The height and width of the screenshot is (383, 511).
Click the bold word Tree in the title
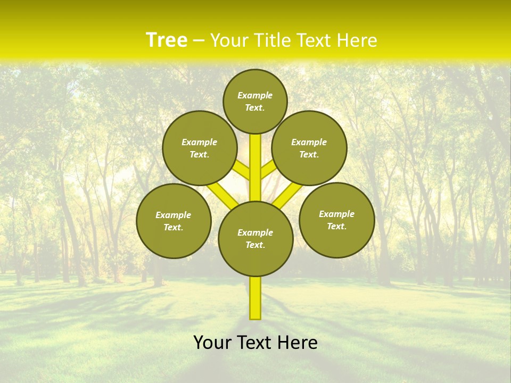(167, 40)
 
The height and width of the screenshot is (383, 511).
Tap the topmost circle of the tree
(255, 101)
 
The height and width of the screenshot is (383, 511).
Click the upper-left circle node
(200, 148)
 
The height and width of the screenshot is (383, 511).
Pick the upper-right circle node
(309, 148)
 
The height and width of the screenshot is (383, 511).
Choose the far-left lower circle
(174, 221)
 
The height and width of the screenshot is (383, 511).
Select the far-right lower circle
(337, 220)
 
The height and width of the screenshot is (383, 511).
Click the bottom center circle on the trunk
(256, 238)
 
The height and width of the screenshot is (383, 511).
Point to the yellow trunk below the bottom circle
(256, 298)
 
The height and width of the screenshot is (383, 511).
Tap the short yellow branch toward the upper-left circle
(242, 170)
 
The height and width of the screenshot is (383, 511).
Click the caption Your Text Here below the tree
(256, 343)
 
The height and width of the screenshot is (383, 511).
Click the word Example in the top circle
(255, 95)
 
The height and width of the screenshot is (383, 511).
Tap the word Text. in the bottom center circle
(255, 245)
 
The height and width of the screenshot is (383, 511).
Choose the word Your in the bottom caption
(212, 343)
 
